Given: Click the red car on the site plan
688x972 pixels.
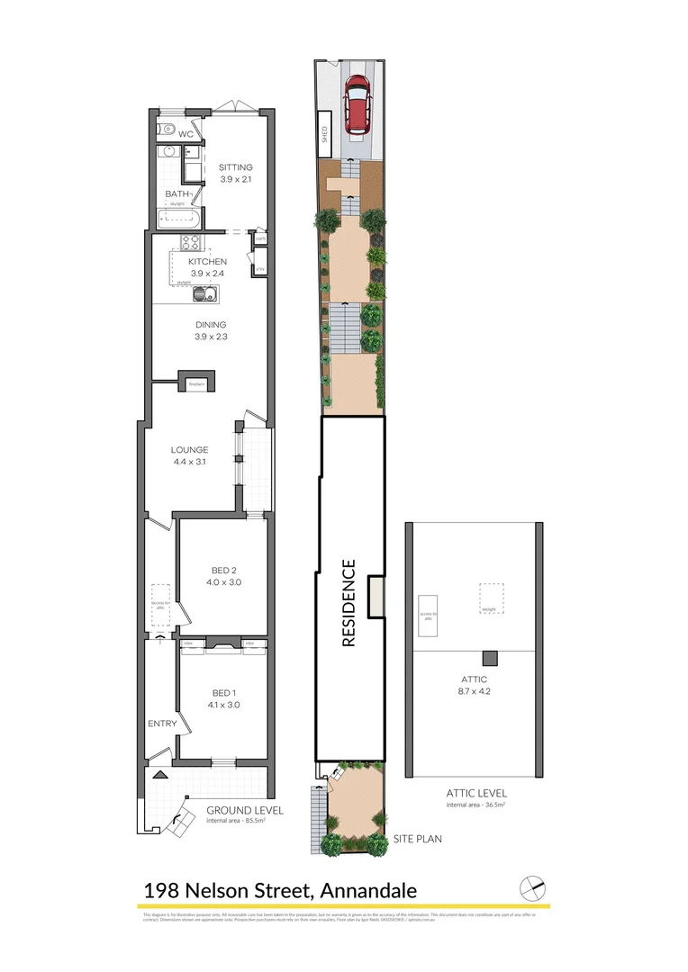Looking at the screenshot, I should [358, 102].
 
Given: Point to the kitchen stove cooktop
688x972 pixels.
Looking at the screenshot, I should [190, 241].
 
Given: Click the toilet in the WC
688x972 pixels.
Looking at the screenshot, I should [163, 130].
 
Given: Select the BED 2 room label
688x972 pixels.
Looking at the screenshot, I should [224, 571].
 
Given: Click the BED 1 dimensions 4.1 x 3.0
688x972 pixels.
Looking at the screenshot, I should [224, 705].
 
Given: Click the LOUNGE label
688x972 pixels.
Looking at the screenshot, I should [190, 450].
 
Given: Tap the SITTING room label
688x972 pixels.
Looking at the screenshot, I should [236, 167].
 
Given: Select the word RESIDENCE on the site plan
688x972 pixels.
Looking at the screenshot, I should [349, 603].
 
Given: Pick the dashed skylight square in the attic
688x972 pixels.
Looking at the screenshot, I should [492, 598].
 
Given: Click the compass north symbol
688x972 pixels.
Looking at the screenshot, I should [533, 886].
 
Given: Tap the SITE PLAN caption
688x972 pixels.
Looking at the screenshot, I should [417, 839].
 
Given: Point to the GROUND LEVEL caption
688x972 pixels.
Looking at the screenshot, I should [245, 810].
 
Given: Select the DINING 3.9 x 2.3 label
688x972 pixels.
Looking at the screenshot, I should [210, 330].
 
